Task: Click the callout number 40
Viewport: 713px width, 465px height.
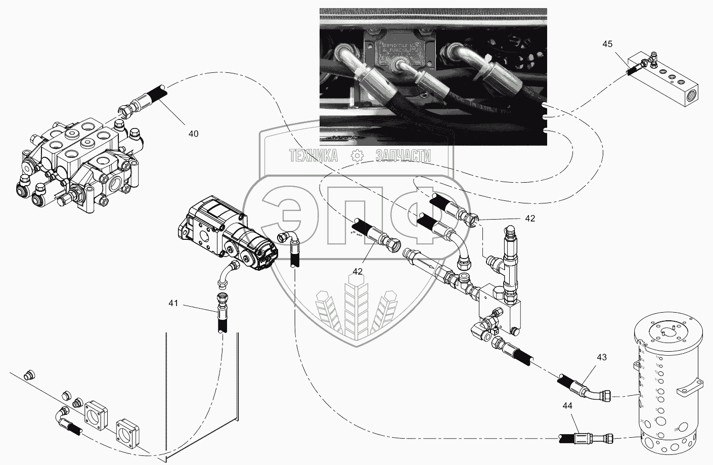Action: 193,134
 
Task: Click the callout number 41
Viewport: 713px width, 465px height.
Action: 173,304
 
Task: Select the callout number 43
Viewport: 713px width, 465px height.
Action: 601,357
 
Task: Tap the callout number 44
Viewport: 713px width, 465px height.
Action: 568,405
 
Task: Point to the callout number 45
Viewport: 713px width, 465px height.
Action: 607,44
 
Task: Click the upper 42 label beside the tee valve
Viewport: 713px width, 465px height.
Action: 529,219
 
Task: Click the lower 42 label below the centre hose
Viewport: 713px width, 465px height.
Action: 358,272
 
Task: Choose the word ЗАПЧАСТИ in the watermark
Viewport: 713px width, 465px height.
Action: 403,156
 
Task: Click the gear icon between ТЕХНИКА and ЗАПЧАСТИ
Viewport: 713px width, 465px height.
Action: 358,156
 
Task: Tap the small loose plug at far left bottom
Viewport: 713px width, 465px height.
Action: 30,375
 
